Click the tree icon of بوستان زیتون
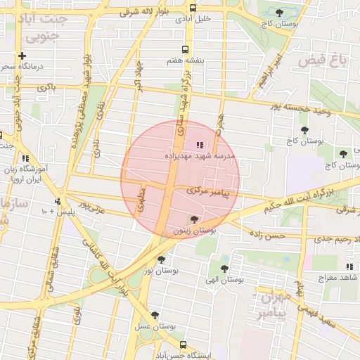click(x=194, y=219)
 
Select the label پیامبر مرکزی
click(x=209, y=191)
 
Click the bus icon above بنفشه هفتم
click(x=185, y=49)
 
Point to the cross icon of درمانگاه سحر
click(x=22, y=56)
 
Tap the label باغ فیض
click(x=323, y=61)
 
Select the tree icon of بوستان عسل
click(x=155, y=315)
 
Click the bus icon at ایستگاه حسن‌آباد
click(x=184, y=345)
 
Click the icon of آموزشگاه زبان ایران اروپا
click(x=26, y=159)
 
